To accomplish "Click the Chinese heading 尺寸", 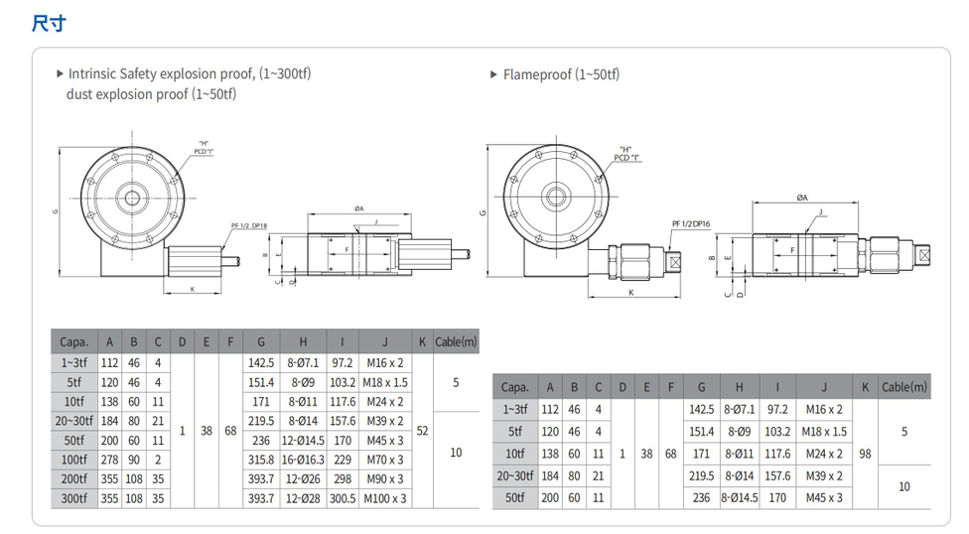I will pos(49,22).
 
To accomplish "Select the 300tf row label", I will pos(73,498).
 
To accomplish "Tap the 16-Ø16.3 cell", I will pos(304,460).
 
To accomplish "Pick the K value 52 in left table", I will pos(422,431).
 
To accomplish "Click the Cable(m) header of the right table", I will pos(903,387).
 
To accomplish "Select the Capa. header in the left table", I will pos(73,342).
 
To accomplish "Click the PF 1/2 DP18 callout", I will pos(249,227).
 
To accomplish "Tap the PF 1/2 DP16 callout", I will pos(692,224).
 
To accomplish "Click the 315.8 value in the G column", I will pos(260,460).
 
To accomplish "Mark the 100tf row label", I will pos(73,460).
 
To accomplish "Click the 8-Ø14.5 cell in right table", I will pos(739,497).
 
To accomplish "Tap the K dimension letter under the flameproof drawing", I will pos(631,293).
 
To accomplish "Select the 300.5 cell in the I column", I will pos(343,498).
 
